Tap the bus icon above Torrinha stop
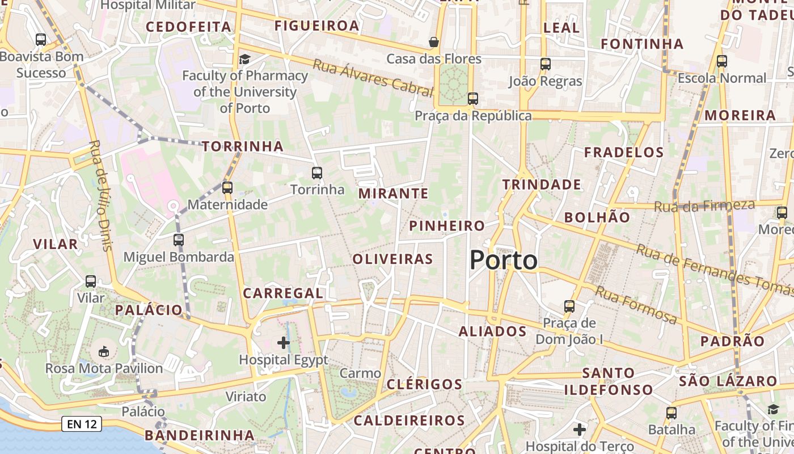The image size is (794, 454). point(317,173)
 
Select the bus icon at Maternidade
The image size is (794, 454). point(227,187)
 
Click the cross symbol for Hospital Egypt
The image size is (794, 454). point(284,342)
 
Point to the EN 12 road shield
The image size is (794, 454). point(81,423)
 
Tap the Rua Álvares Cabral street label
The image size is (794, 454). point(372,77)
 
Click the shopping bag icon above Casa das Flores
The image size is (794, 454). point(434,42)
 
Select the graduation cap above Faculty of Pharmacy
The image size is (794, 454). point(244,59)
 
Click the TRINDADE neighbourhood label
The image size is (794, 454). point(542,184)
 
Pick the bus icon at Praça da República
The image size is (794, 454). point(473,99)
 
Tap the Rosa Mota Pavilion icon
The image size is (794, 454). point(104,352)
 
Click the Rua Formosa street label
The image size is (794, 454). point(636,305)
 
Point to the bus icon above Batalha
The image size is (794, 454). point(671,413)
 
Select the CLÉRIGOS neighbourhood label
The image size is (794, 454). point(424,384)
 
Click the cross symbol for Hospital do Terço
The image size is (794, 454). point(579,430)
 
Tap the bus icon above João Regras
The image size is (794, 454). point(546,64)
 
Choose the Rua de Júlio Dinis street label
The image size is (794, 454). point(100,195)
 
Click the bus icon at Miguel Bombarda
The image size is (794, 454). point(179,239)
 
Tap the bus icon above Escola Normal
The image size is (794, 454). point(722,61)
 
